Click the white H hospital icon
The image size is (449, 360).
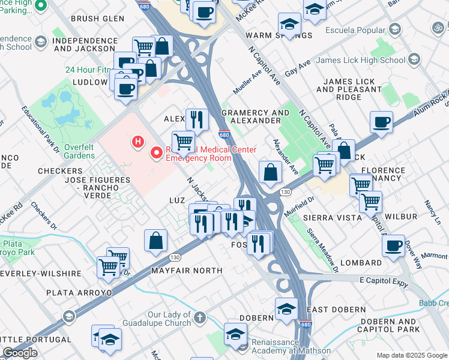tap(138, 142)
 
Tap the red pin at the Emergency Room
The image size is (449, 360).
tap(157, 153)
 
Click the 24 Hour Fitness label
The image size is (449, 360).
tap(90, 70)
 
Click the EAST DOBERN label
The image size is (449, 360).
tap(336, 310)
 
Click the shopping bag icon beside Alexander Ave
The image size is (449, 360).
tap(271, 172)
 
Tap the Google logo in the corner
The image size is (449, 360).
tap(20, 353)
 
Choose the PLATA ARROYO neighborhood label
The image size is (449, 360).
tap(79, 293)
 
